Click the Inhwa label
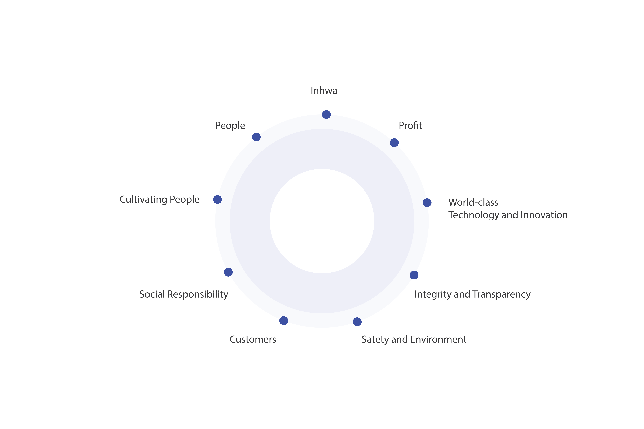coord(324,91)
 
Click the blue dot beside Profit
coord(394,143)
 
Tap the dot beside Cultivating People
coord(217,199)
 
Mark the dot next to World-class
coord(427,203)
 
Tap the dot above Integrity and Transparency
coord(414,275)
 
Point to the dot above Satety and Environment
coord(357,322)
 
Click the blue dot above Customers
coord(284,321)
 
